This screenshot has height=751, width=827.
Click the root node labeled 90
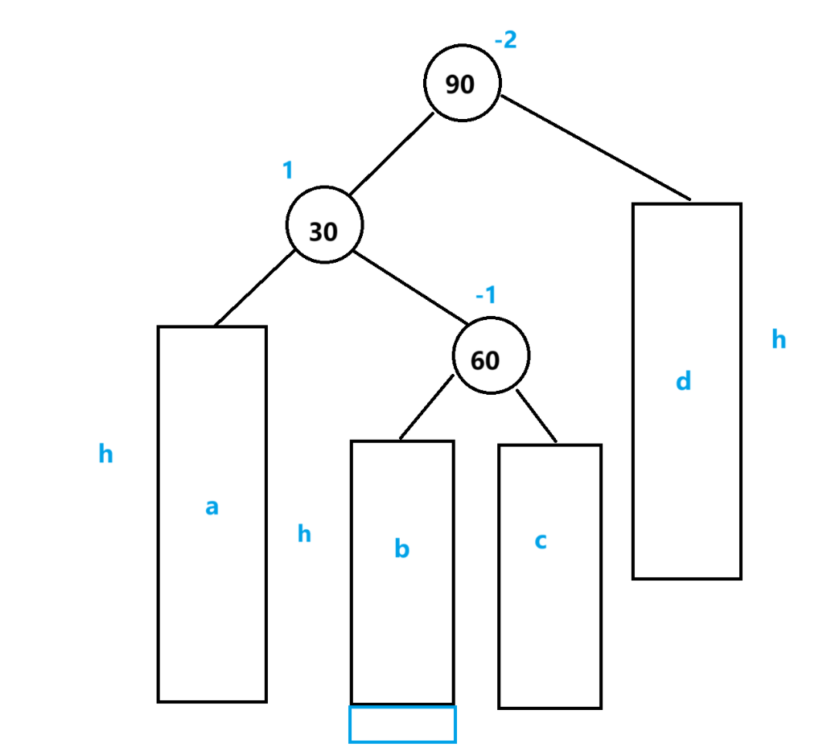coord(463,83)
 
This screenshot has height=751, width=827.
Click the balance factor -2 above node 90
coord(505,40)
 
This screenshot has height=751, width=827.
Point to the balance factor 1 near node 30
coord(287,170)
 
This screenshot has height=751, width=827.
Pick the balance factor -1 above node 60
coord(486,296)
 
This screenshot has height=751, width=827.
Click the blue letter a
coord(212,507)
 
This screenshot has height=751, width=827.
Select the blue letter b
coord(401,549)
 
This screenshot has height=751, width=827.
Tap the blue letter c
coord(541,541)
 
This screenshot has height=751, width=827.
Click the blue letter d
coord(683,380)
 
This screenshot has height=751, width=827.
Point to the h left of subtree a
coord(105,455)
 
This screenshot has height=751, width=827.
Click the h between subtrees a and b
coord(304,534)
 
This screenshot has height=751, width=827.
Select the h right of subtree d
coord(779,340)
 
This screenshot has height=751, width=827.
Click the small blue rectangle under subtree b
coord(402,724)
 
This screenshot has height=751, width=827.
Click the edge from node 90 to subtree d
coord(595,148)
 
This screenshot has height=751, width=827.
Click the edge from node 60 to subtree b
coord(426,408)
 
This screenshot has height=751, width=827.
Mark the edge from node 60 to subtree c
coord(536,417)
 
